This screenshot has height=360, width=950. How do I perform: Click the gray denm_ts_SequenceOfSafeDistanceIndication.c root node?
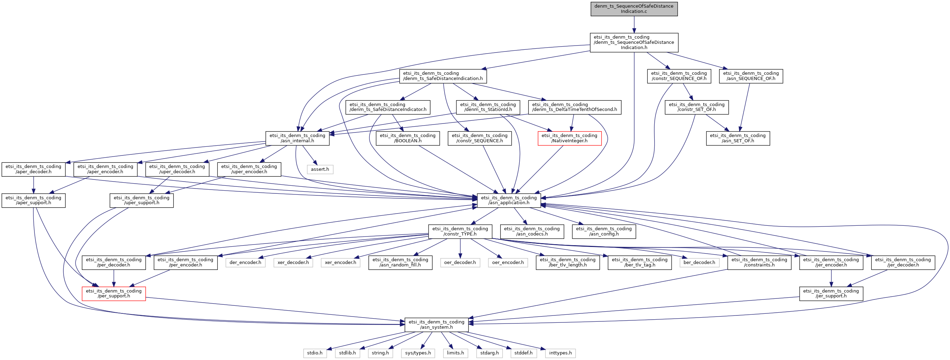634,9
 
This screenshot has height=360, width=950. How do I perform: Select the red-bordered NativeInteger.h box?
569,138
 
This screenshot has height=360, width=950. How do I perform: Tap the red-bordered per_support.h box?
114,294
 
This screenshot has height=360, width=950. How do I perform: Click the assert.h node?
320,169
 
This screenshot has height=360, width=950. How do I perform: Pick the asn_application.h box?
509,200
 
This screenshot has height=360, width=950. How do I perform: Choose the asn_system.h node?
437,325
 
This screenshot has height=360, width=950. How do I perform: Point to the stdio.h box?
315,353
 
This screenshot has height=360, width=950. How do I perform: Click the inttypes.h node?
560,353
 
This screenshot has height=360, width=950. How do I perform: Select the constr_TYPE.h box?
460,231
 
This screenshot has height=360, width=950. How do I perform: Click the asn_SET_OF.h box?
738,138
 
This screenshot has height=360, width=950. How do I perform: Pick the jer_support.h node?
831,294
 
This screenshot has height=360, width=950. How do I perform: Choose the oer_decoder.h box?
460,263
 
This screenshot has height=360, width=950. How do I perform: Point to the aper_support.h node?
33,200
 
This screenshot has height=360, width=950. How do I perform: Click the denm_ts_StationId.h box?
488,107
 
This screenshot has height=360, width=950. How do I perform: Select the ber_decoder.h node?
699,263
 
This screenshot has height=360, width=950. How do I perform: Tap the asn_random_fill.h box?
400,263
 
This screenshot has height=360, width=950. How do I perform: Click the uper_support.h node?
142,200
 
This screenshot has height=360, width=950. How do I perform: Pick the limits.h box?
455,353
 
